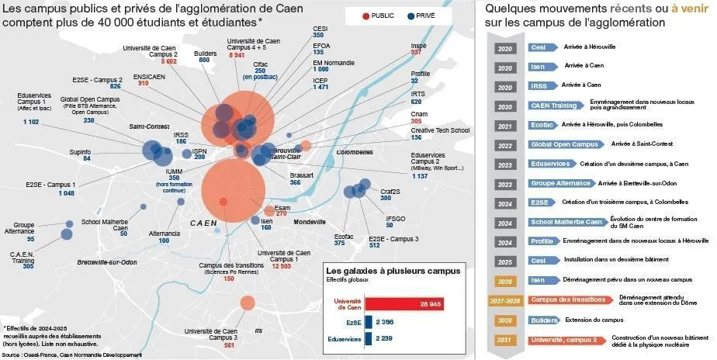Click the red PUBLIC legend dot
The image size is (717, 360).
pos(365,16)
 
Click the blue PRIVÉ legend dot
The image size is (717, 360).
pos(410,16)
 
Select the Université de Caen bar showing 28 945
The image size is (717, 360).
pos(403,304)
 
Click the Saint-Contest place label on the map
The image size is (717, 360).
pos(148,126)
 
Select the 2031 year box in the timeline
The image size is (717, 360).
pos(505,339)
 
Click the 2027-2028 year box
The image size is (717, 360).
pos(505,300)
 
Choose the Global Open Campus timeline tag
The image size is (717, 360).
pos(564,144)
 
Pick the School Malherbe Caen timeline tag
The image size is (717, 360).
pos(567,222)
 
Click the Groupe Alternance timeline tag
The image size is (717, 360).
pos(561,184)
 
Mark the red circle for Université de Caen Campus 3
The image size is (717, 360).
pos(248,303)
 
